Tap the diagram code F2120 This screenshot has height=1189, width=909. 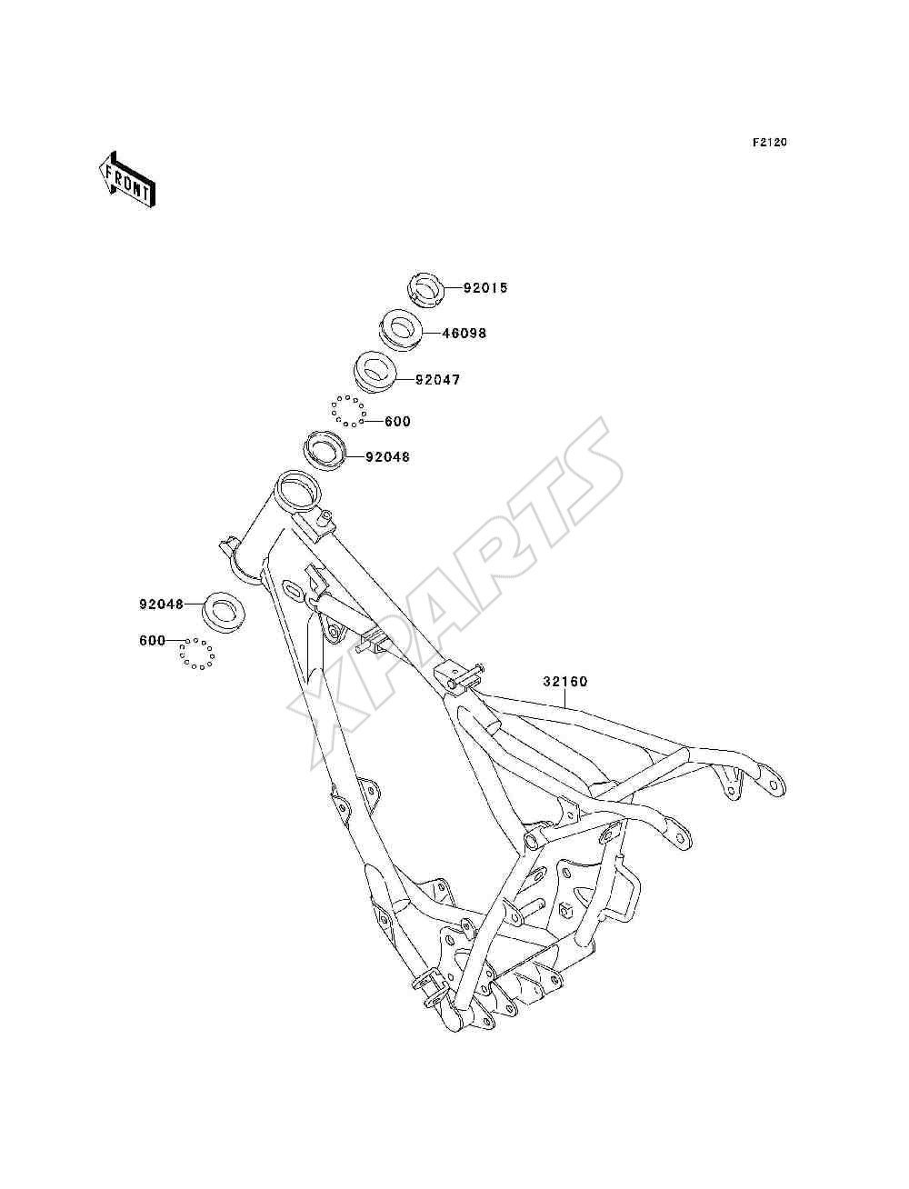point(769,143)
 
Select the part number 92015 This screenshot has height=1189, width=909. point(485,287)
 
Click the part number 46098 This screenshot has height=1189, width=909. point(464,333)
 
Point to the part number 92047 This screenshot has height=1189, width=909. point(438,380)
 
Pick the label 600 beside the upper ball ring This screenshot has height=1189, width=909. point(397,421)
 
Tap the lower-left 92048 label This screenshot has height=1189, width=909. point(162,604)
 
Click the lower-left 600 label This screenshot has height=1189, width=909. point(152,640)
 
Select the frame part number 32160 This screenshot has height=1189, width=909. point(565,682)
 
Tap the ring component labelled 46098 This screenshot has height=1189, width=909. point(401,330)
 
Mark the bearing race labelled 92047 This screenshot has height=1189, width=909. point(375,371)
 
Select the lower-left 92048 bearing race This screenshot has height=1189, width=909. point(223,611)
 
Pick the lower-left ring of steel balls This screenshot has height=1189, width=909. point(196,654)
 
